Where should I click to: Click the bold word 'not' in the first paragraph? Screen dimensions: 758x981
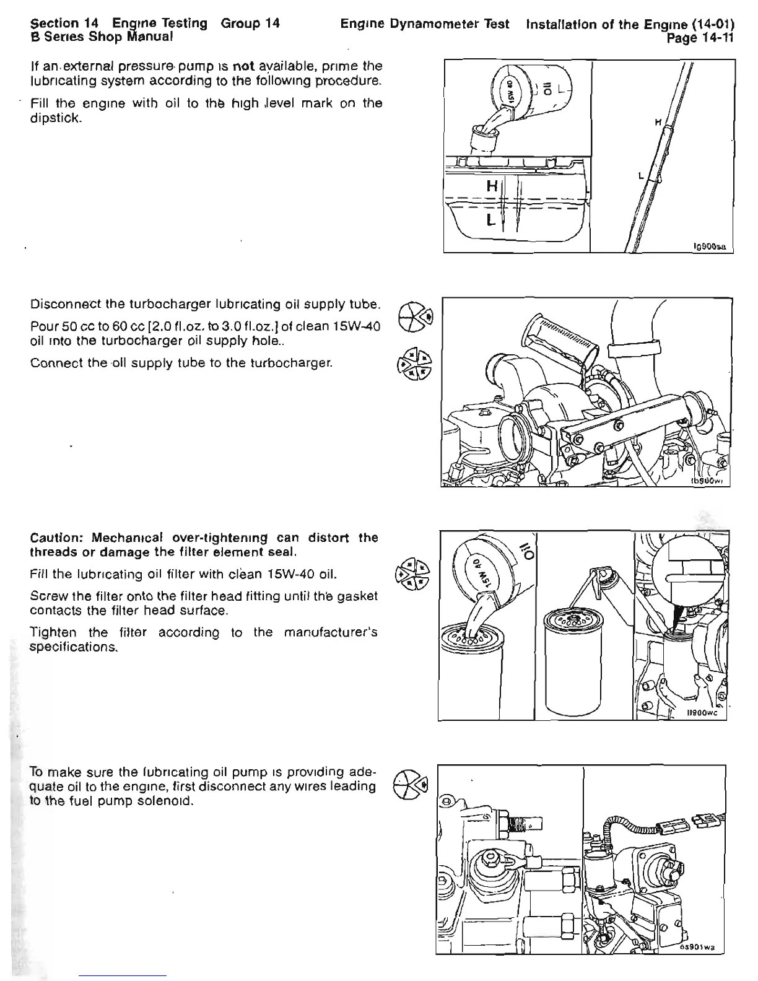click(x=241, y=66)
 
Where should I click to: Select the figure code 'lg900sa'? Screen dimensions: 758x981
click(x=712, y=246)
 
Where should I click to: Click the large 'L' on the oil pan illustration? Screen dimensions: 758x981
click(x=490, y=220)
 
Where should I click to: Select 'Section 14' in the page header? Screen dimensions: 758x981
click(x=65, y=24)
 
